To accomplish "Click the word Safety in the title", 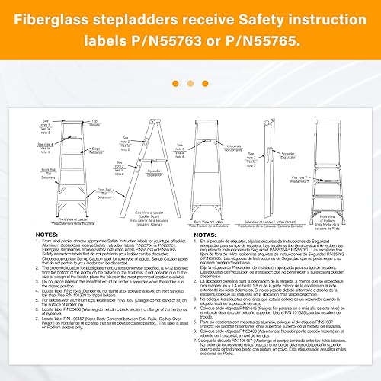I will coord(263,15).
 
